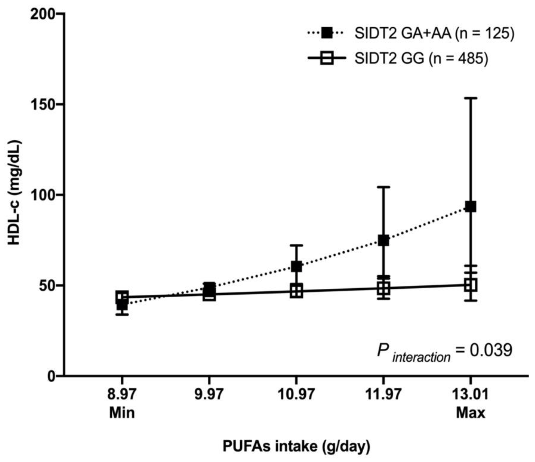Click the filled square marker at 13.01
click(x=470, y=207)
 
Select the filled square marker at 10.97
click(x=296, y=267)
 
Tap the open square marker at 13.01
click(x=470, y=285)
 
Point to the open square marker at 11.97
click(x=384, y=288)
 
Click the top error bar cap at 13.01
click(x=470, y=98)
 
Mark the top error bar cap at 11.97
click(x=384, y=187)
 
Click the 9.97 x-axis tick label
click(x=209, y=395)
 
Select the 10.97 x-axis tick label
click(x=296, y=395)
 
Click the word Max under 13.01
click(x=470, y=413)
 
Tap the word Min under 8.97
click(x=122, y=413)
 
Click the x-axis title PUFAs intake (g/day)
click(x=296, y=446)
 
